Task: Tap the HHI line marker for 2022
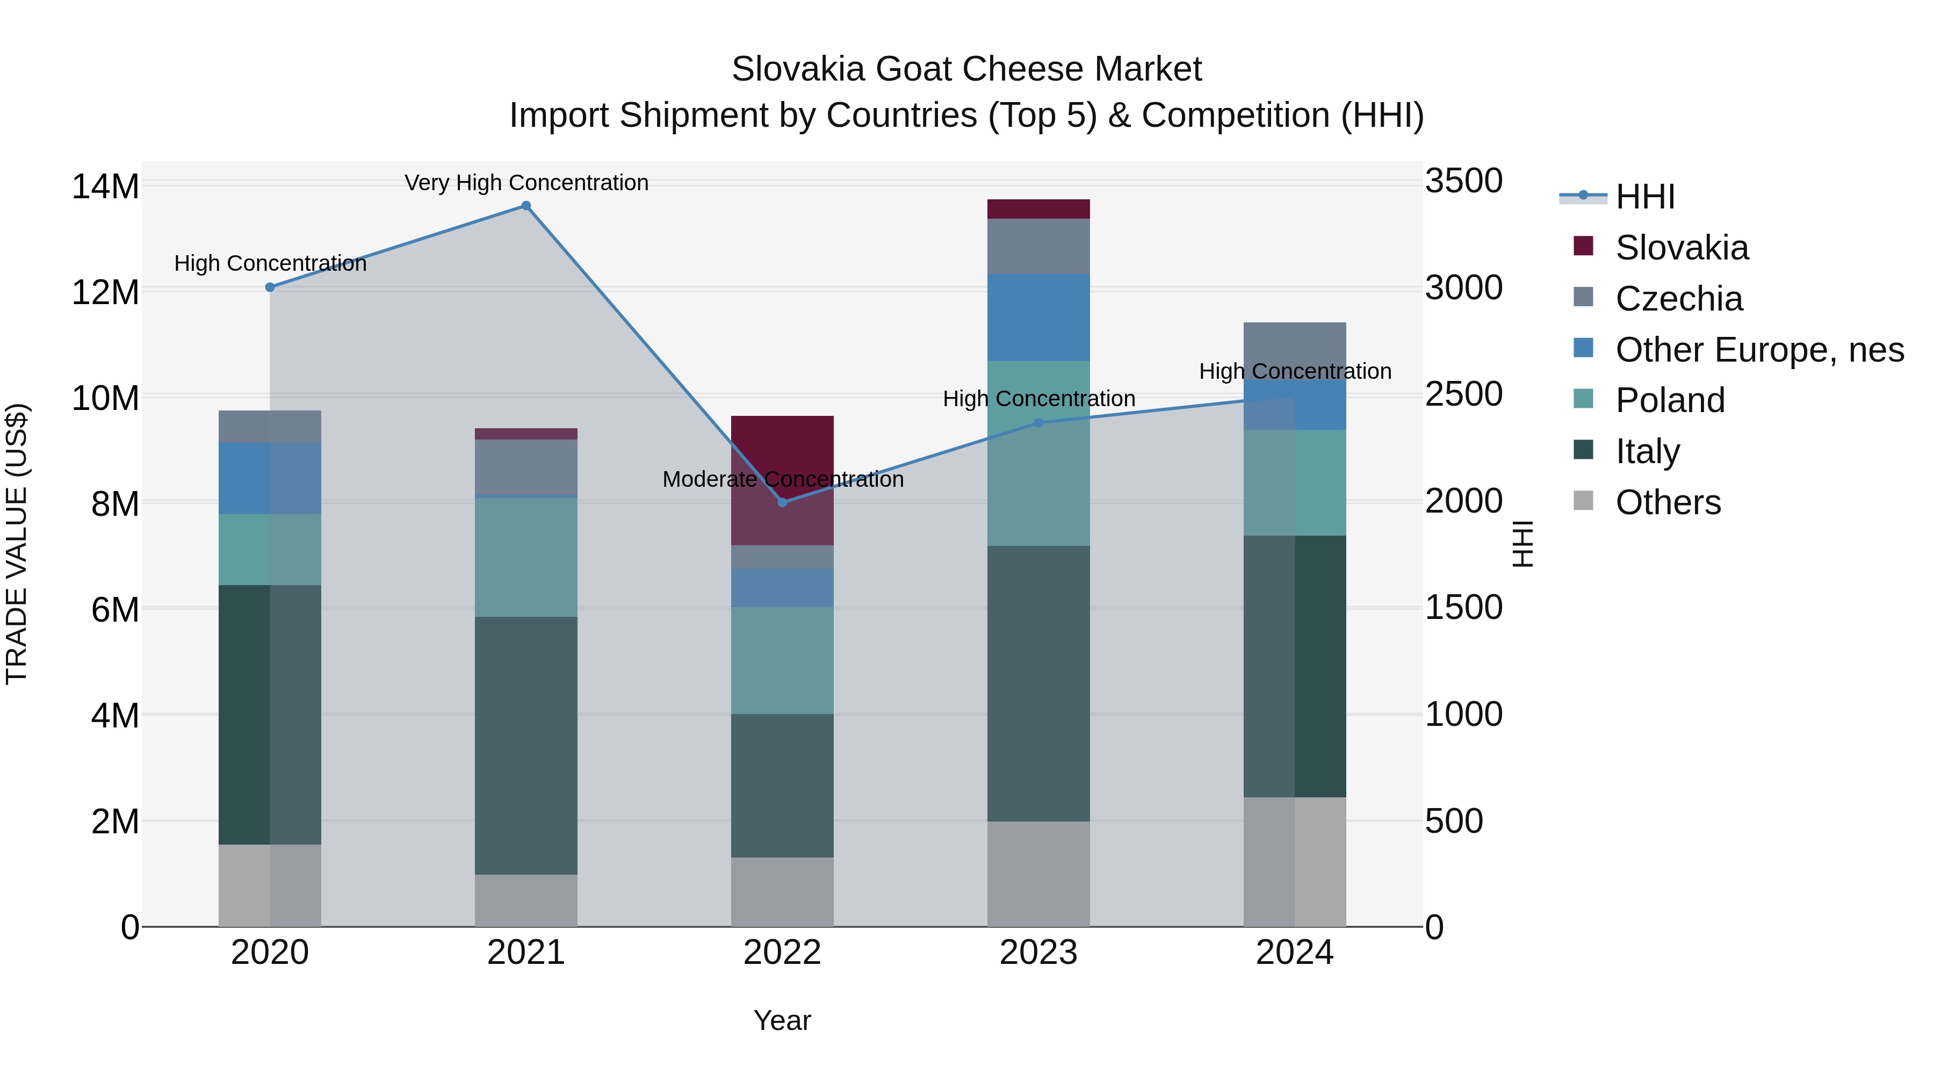pyautogui.click(x=782, y=502)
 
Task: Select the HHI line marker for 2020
pyautogui.click(x=270, y=287)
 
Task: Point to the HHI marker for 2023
pyautogui.click(x=1038, y=423)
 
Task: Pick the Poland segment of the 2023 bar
pyautogui.click(x=1038, y=453)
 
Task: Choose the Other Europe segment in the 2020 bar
pyautogui.click(x=270, y=478)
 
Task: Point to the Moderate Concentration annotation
pyautogui.click(x=782, y=479)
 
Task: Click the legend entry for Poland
pyautogui.click(x=1670, y=400)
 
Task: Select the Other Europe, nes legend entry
pyautogui.click(x=1759, y=350)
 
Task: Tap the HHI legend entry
pyautogui.click(x=1644, y=197)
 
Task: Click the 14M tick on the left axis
pyautogui.click(x=105, y=186)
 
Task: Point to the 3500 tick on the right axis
pyautogui.click(x=1463, y=181)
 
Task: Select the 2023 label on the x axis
pyautogui.click(x=1038, y=953)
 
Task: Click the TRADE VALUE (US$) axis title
pyautogui.click(x=17, y=544)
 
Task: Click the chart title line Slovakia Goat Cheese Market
pyautogui.click(x=966, y=69)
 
